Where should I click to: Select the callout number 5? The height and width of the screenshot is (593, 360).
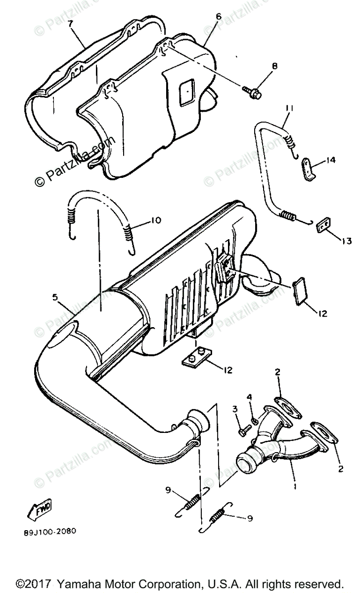(55, 297)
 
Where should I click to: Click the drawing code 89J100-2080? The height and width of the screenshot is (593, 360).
(49, 532)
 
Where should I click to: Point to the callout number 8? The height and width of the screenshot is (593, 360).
(274, 65)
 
